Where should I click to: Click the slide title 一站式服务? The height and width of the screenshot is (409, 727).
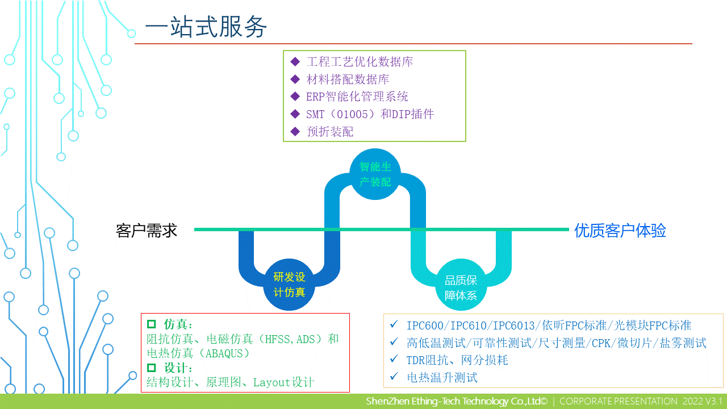click(x=206, y=27)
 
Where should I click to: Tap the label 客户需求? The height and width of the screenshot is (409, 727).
click(x=147, y=231)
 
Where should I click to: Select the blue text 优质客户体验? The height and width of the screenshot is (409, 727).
click(x=620, y=231)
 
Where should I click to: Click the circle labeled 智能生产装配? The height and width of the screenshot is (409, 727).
click(x=375, y=174)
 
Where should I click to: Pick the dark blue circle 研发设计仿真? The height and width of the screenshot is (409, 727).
click(x=289, y=285)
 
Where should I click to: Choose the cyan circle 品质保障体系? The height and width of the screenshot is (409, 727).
click(x=461, y=285)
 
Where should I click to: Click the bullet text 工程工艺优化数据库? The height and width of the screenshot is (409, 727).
click(x=360, y=62)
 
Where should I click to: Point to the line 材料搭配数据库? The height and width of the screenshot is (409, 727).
click(x=348, y=79)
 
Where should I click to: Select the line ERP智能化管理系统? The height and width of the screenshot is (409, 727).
click(x=357, y=97)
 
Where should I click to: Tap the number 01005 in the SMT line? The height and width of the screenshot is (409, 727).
click(x=352, y=115)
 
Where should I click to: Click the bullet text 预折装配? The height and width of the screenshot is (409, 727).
click(x=330, y=132)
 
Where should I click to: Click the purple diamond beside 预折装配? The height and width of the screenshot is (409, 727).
click(x=295, y=131)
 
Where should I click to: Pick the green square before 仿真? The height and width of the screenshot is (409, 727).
click(x=151, y=324)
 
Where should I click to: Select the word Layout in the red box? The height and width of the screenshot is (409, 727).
click(x=271, y=383)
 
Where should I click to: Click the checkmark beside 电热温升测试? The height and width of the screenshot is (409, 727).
click(x=394, y=376)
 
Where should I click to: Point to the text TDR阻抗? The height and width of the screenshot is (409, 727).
click(x=428, y=360)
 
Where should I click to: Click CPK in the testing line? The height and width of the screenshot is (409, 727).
click(x=601, y=343)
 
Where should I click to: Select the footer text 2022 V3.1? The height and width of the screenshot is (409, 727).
click(x=703, y=401)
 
